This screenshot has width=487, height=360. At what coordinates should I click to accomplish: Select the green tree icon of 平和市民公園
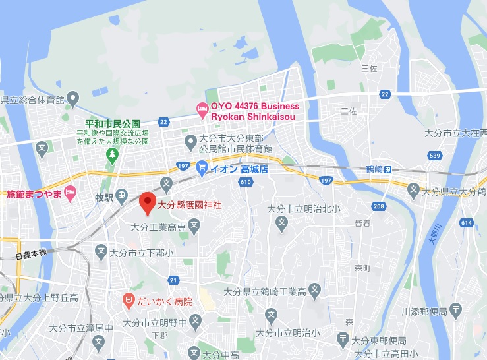point(112,154)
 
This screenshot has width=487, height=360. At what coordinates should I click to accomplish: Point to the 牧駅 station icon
point(122,196)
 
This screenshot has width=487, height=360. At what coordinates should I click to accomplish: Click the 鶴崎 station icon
point(389,169)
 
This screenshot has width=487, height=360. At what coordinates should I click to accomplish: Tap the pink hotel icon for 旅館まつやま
point(71,192)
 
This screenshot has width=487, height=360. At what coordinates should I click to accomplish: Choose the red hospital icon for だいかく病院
point(129,301)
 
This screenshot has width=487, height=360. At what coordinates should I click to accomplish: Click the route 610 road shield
point(246,182)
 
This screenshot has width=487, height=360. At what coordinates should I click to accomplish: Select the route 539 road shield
point(434,156)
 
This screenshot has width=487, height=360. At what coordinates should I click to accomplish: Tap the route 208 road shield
point(378,207)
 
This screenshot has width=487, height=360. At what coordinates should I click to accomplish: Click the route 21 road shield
point(173,280)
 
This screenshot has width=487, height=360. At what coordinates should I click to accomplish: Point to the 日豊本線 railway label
point(30,253)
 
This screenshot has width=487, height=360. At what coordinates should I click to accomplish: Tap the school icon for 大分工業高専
point(194,227)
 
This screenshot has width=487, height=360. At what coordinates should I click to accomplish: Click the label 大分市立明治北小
point(304,209)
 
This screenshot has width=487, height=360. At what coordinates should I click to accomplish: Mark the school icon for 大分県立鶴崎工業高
point(315,290)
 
